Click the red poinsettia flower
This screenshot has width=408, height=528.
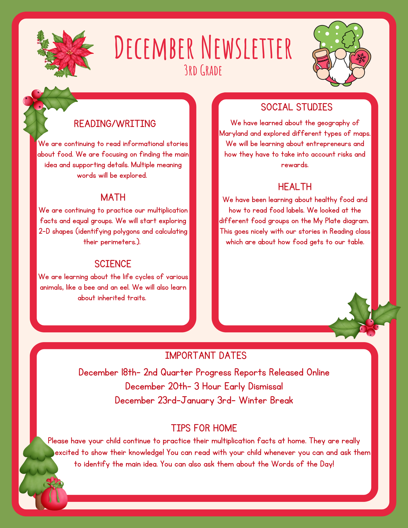click(x=69, y=53)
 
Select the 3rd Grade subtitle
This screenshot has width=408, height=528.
click(x=203, y=70)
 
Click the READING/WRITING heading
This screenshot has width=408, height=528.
click(x=115, y=124)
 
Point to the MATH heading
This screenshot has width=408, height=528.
click(x=113, y=197)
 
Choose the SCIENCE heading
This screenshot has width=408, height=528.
click(x=113, y=264)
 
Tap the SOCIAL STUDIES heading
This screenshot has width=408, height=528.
click(x=297, y=107)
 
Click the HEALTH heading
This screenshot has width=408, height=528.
click(x=295, y=187)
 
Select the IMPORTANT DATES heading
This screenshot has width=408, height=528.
click(x=206, y=356)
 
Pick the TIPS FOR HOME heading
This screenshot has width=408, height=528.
click(x=204, y=428)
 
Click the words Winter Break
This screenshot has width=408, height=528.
click(x=266, y=400)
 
